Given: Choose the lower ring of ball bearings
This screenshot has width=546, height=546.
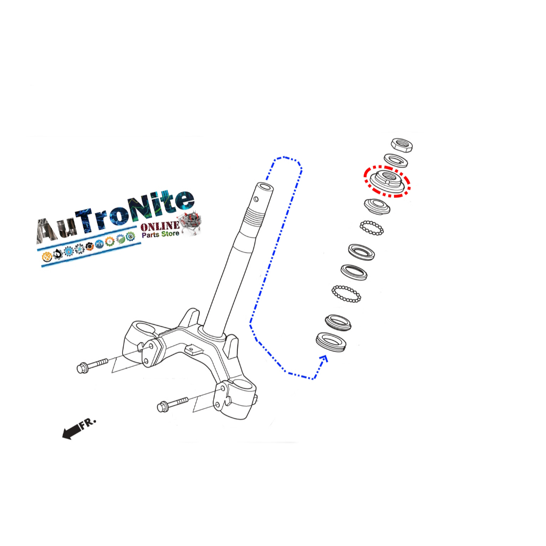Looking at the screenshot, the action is pos(347,293).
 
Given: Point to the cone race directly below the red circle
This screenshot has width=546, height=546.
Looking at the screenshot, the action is pos(377,205).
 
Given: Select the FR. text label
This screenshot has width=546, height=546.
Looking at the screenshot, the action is pos(88,423).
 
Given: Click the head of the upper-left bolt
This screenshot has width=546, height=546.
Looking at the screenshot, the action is pos(83,367).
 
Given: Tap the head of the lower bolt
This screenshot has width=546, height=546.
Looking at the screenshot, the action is pos(163,407).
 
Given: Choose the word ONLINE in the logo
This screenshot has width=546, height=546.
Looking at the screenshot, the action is pos(160,227).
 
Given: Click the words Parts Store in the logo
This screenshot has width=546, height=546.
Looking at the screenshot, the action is pos(160,235).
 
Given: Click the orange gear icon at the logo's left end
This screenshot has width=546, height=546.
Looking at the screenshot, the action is pos(47,257).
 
